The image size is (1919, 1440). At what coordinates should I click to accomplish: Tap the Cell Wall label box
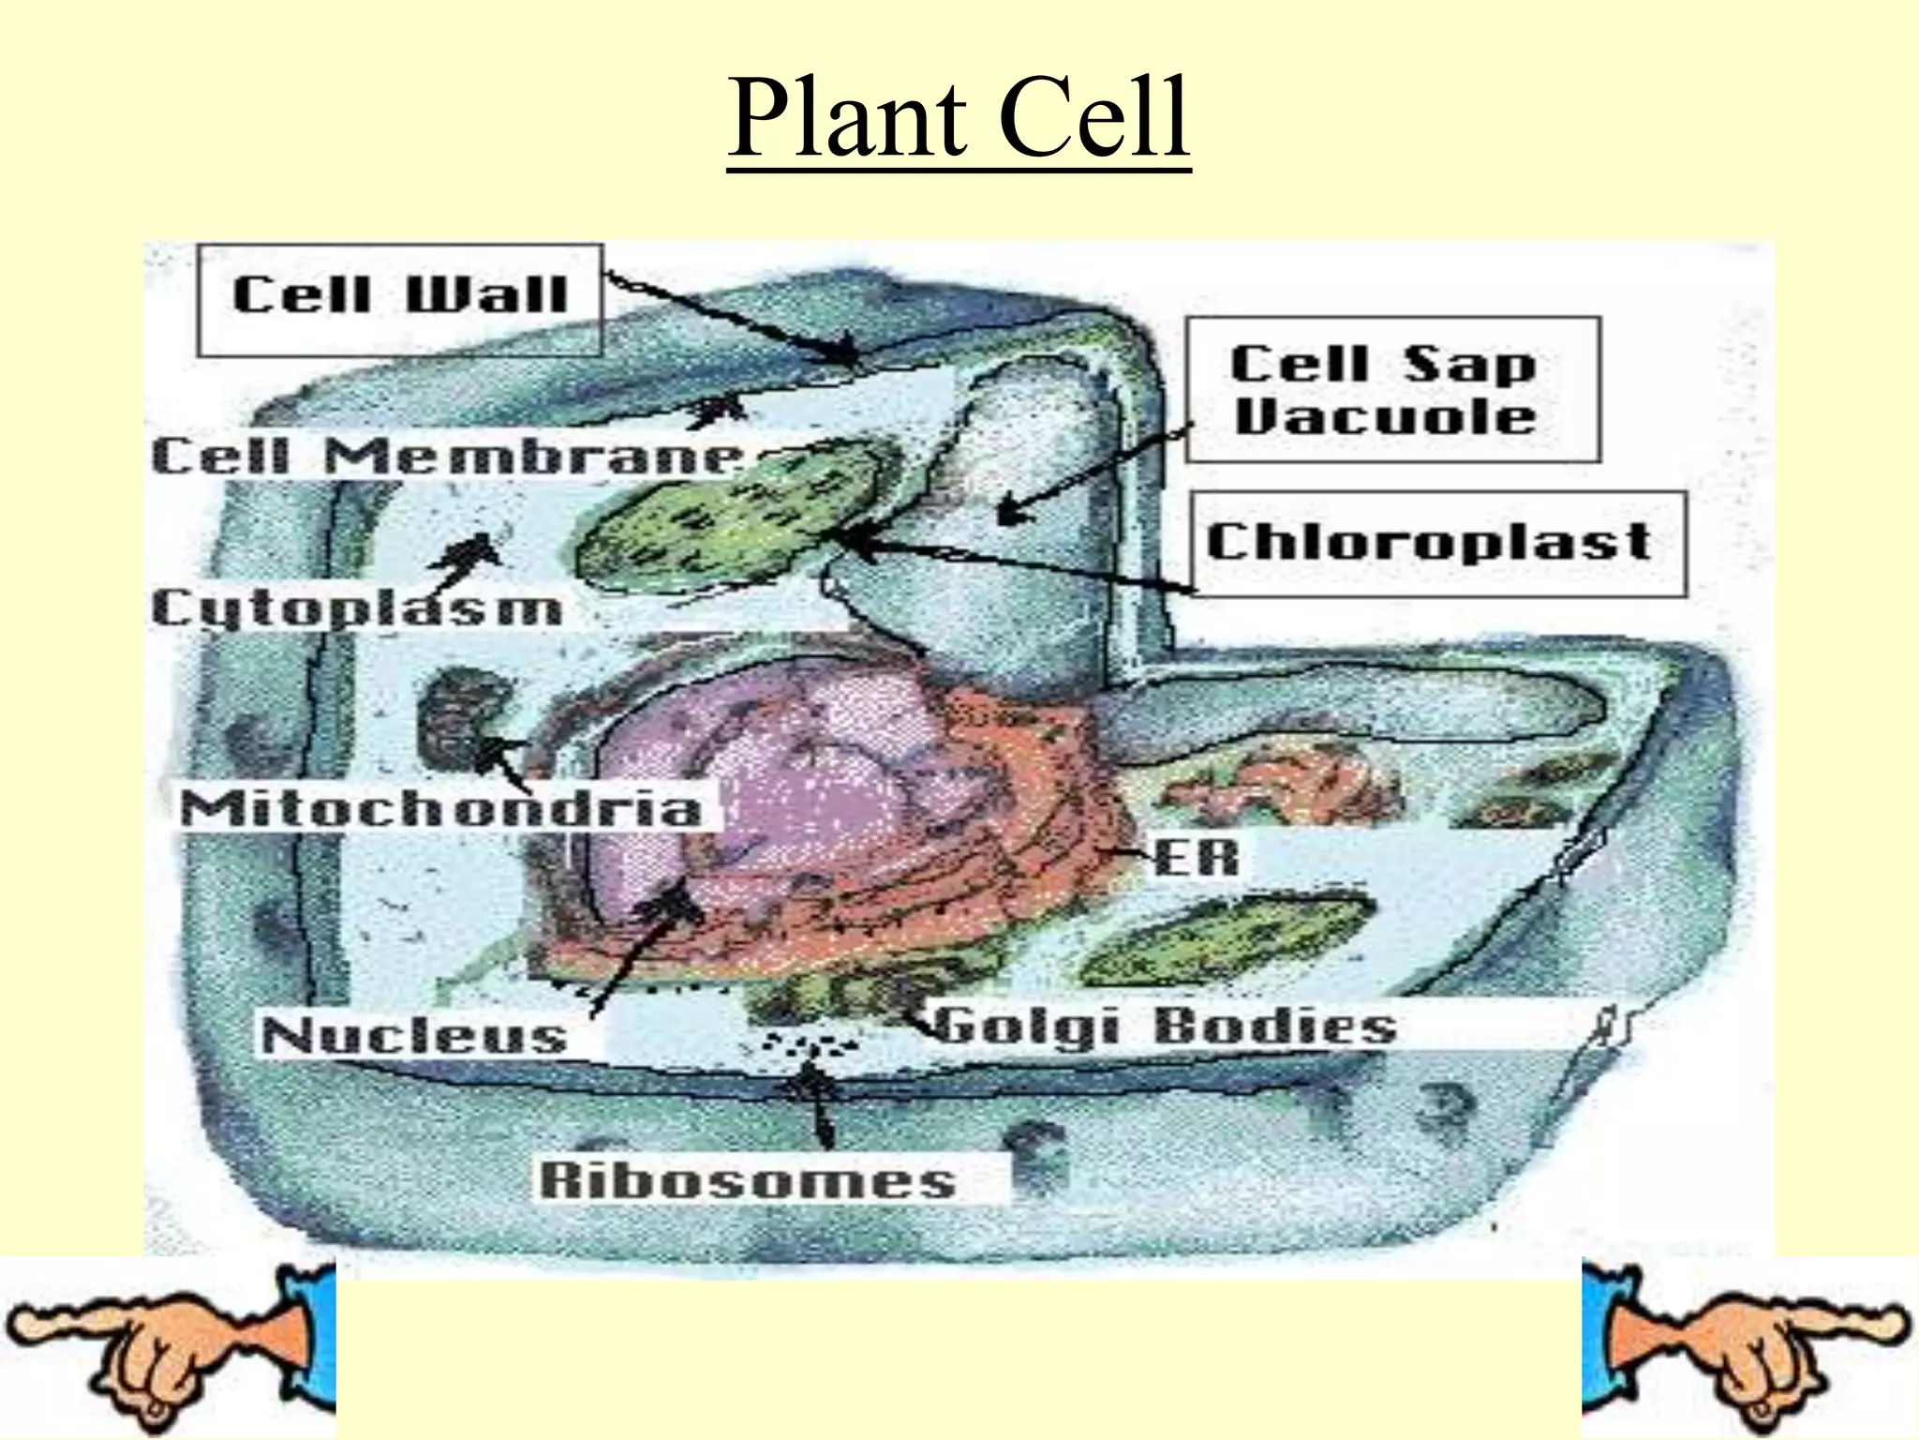[x=400, y=299]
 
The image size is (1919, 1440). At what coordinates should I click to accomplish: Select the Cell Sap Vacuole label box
[x=1392, y=390]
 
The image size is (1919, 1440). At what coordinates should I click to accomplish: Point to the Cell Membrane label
[x=448, y=458]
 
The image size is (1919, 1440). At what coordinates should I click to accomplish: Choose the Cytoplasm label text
[x=357, y=609]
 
